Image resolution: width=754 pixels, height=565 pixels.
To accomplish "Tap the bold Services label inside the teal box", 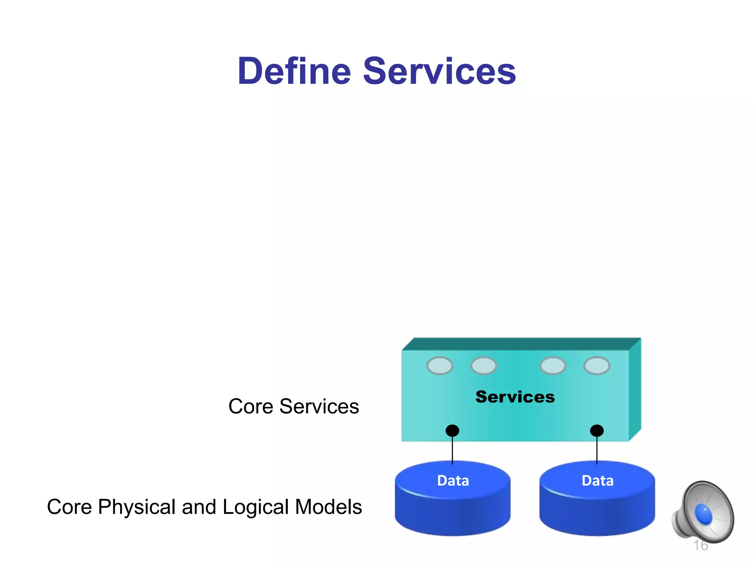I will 515,397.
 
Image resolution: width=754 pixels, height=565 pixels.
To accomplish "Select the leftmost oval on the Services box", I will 439,366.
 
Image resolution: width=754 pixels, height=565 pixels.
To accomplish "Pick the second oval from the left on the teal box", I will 483,366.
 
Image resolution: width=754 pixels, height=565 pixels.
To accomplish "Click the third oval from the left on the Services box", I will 553,366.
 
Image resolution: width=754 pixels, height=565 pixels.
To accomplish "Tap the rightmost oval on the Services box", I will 596,366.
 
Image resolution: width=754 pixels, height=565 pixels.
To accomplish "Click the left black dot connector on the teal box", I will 452,430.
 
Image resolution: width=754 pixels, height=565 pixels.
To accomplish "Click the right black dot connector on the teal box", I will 596,430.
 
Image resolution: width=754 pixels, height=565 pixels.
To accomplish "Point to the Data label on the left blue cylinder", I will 453,481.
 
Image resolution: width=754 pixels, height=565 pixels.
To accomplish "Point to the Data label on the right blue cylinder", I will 597,481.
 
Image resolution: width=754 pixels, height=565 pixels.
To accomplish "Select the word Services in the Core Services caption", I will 319,407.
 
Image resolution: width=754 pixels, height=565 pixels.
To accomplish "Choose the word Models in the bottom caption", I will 328,507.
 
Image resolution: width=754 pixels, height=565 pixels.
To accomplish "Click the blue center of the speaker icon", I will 703,514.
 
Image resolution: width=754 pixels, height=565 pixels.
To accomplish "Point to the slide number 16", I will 700,546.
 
